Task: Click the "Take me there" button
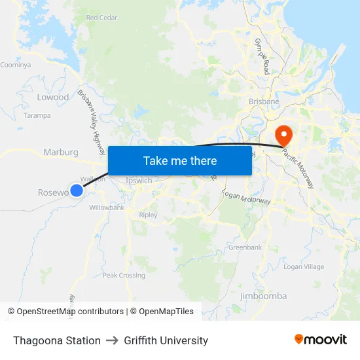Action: [x=180, y=160]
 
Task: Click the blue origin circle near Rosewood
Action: [x=77, y=190]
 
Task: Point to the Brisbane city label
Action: [x=264, y=102]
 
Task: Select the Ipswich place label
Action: [x=139, y=181]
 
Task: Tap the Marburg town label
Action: [x=61, y=153]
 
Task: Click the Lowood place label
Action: [x=53, y=98]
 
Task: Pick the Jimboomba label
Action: [x=263, y=296]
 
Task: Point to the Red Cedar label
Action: [x=101, y=18]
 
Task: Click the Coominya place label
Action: [x=16, y=65]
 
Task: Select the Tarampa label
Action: [x=37, y=115]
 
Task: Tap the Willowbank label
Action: [x=107, y=207]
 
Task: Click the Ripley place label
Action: [x=149, y=215]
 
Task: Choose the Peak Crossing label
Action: [x=124, y=276]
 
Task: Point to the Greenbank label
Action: [x=245, y=247]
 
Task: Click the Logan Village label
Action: [x=303, y=267]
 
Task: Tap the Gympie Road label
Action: [x=262, y=56]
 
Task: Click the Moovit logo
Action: [x=320, y=340]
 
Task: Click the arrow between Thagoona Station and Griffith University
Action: [x=111, y=340]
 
